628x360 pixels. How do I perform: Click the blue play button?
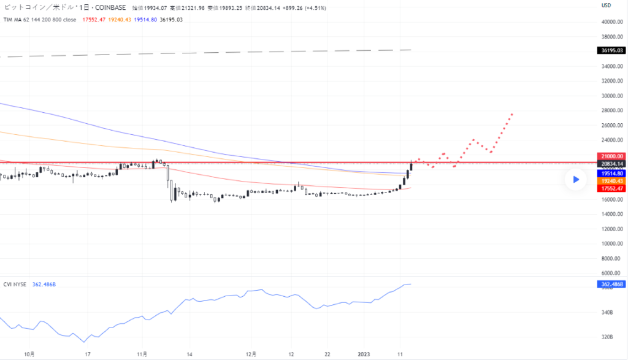(576, 180)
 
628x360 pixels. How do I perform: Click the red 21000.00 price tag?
(612, 156)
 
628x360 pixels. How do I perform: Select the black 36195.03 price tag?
(612, 50)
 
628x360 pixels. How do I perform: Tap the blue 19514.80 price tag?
(612, 174)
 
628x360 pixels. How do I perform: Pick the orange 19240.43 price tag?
(612, 181)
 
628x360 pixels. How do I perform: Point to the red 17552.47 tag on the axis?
(612, 188)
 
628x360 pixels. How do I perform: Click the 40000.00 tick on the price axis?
(612, 21)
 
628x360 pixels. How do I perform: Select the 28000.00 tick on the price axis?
(612, 110)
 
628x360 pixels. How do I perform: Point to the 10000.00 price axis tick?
(612, 243)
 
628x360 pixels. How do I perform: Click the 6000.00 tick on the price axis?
(612, 273)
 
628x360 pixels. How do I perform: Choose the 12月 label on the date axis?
(251, 354)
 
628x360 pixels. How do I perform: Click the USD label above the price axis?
(606, 6)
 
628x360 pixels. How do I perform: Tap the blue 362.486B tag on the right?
(611, 284)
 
